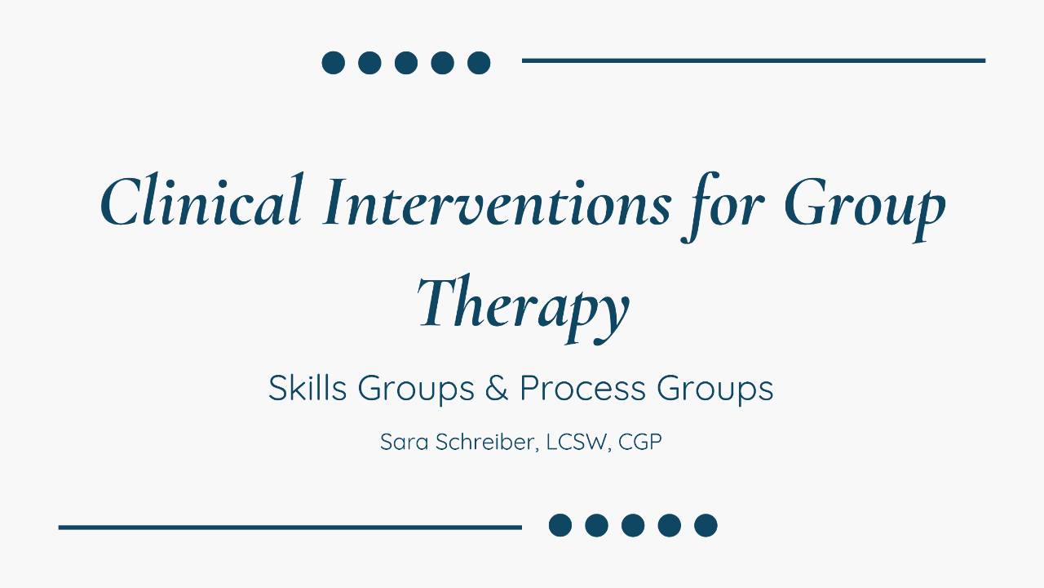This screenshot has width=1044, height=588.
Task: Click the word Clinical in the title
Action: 202,200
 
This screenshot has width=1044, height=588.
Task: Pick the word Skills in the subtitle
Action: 307,388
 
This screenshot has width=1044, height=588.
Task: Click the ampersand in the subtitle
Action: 497,388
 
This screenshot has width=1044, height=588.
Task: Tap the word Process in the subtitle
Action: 582,388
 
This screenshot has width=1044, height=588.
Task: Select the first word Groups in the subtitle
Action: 416,390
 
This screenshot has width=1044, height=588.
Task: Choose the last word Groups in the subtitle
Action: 715,390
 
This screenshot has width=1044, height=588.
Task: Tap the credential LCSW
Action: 577,442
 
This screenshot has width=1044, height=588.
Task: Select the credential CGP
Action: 640,442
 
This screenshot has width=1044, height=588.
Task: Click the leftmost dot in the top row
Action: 334,63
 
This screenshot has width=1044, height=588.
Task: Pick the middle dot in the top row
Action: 406,63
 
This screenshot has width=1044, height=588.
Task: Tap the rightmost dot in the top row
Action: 479,63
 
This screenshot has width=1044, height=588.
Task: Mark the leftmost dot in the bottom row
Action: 560,525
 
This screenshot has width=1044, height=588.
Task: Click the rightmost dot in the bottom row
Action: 706,525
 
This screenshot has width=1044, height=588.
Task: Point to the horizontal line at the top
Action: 754,60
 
